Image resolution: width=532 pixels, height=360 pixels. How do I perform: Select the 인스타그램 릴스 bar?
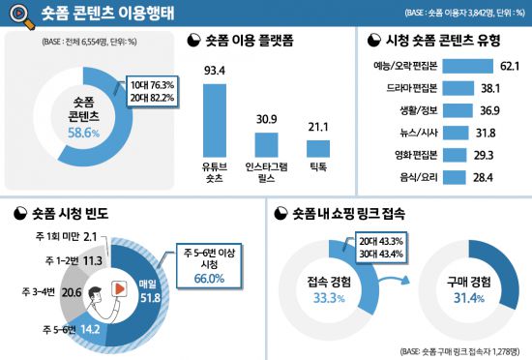click(x=267, y=145)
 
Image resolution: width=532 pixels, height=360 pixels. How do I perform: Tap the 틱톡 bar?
click(x=318, y=149)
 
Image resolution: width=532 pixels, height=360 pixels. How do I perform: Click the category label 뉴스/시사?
click(x=396, y=133)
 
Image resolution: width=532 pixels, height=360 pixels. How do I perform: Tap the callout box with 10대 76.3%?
click(x=151, y=94)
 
